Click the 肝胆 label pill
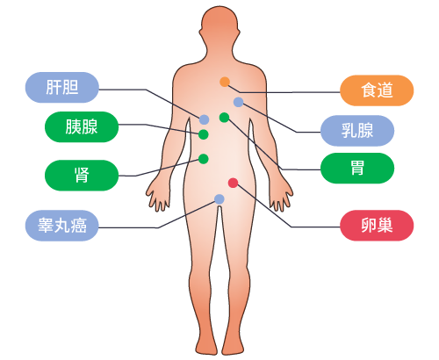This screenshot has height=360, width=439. point(62,87)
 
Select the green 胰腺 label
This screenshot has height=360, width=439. point(82,126)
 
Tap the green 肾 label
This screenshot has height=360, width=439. point(82,176)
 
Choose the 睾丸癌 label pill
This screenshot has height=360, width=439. point(62,226)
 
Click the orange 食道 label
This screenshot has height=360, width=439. point(377,90)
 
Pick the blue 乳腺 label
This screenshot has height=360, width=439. point(357,131)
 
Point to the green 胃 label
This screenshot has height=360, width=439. point(357,168)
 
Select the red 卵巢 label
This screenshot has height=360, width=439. point(377,226)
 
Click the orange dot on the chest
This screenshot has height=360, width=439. point(225,82)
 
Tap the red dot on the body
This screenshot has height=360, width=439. point(233,183)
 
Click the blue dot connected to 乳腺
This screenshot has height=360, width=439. point(239,102)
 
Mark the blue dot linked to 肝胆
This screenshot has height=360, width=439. point(205,119)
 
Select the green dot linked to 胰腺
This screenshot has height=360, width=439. point(204,134)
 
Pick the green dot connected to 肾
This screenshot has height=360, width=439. point(204,159)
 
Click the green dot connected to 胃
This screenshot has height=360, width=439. point(224,118)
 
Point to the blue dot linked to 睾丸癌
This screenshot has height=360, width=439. point(219,199)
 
